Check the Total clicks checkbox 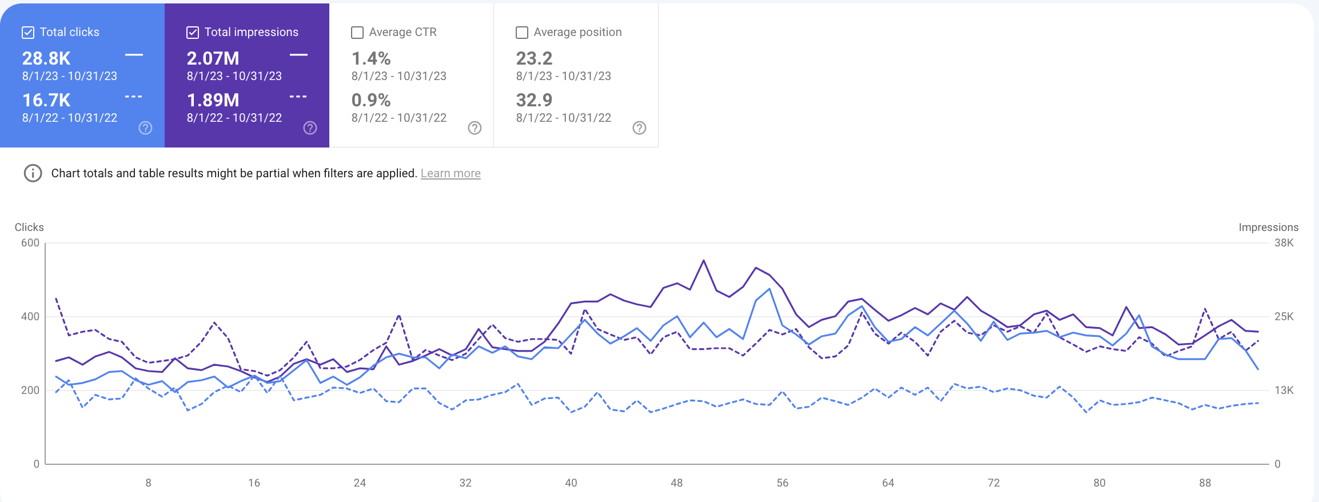click(x=28, y=33)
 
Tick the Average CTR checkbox click(x=357, y=33)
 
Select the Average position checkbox click(x=522, y=33)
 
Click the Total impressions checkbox click(x=193, y=33)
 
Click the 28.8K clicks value click(x=46, y=58)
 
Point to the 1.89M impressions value click(x=213, y=100)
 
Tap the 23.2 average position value click(x=534, y=58)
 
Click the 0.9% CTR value click(x=371, y=100)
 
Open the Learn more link click(x=451, y=173)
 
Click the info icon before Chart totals click(x=33, y=173)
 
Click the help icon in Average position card click(x=639, y=128)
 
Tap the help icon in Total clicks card click(x=146, y=128)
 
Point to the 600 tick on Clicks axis click(x=30, y=243)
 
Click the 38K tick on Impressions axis click(x=1284, y=243)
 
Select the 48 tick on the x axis click(x=676, y=483)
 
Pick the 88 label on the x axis click(x=1205, y=483)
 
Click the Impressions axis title click(x=1268, y=228)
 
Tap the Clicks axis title click(x=29, y=228)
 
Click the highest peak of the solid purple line click(x=703, y=261)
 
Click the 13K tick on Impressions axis click(x=1284, y=391)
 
